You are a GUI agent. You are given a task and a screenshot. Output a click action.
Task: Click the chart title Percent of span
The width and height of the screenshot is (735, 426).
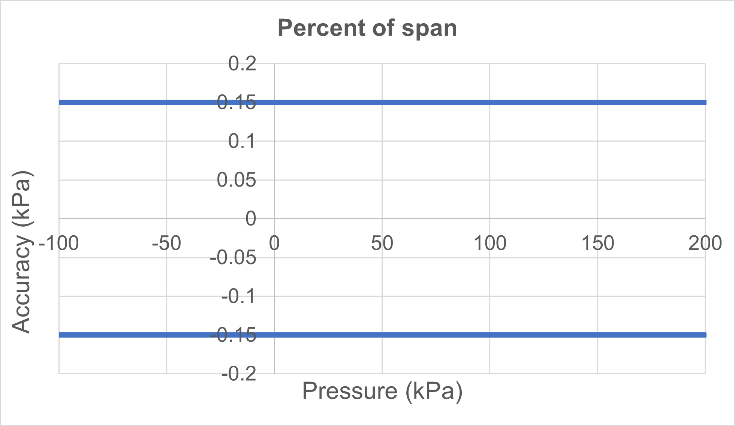tap(367, 28)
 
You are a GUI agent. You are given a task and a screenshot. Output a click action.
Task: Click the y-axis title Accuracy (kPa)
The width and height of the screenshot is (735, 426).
tap(22, 252)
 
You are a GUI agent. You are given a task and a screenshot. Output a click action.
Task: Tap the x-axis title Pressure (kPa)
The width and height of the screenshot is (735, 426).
tap(382, 392)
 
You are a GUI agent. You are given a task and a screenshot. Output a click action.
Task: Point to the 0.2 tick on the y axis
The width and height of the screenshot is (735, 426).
tap(242, 63)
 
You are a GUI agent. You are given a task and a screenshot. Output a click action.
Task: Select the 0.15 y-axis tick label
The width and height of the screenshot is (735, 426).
tap(237, 103)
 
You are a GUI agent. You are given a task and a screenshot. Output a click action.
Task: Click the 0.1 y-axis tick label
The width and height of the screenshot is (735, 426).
tap(242, 141)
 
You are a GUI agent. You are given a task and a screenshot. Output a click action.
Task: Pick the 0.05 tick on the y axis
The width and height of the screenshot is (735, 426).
tap(237, 180)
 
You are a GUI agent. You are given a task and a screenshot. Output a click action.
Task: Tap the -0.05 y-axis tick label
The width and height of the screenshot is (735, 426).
tap(234, 258)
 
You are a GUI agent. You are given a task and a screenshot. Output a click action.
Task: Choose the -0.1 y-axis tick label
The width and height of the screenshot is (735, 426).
tap(239, 297)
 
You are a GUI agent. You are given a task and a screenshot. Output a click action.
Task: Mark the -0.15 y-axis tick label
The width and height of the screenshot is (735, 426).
tap(234, 335)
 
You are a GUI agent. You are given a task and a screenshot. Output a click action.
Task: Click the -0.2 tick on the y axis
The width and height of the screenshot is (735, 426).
tap(239, 374)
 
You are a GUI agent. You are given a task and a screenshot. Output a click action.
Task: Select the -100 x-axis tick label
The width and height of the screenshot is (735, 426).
tap(59, 244)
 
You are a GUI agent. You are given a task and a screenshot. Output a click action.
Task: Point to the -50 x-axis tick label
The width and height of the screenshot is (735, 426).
tap(166, 244)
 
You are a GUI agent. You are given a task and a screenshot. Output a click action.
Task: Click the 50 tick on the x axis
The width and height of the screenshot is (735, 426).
tap(382, 244)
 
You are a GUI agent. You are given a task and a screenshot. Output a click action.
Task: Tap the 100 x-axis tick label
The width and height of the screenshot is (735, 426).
tap(490, 244)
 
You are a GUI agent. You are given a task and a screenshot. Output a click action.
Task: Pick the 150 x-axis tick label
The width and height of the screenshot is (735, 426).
tap(597, 244)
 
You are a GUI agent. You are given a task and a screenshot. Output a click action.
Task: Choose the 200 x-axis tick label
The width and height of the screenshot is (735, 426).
tap(705, 244)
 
